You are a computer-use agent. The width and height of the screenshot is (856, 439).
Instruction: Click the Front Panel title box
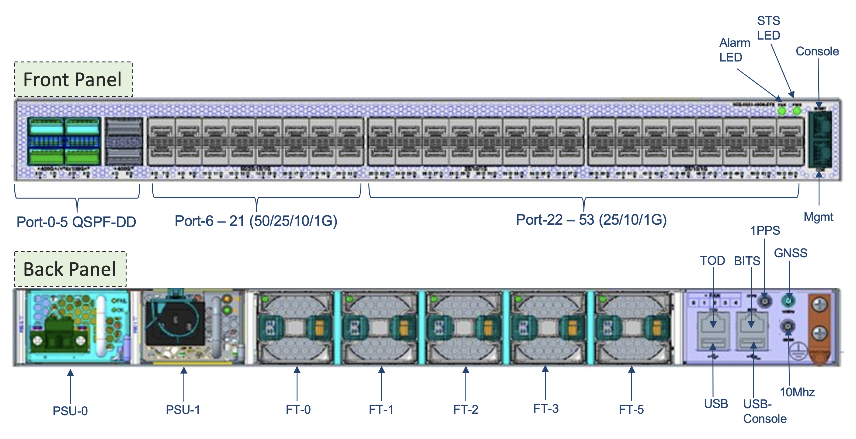pyautogui.click(x=73, y=80)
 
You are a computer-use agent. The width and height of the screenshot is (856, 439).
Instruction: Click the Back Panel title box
pyautogui.click(x=70, y=269)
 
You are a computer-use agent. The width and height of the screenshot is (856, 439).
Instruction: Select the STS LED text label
pyautogui.click(x=768, y=28)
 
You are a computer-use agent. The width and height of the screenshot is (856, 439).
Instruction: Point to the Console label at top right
pyautogui.click(x=817, y=51)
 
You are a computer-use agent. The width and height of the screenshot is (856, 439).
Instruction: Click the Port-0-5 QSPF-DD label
pyautogui.click(x=76, y=222)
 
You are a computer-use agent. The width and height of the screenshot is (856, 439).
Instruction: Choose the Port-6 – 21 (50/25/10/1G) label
pyautogui.click(x=256, y=221)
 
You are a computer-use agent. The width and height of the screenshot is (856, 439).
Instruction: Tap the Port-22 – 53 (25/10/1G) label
pyautogui.click(x=591, y=220)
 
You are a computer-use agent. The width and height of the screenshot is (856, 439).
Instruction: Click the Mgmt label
pyautogui.click(x=818, y=217)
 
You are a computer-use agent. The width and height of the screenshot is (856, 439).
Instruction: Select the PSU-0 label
pyautogui.click(x=70, y=411)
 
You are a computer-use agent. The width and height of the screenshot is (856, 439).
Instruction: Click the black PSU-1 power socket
pyautogui.click(x=175, y=323)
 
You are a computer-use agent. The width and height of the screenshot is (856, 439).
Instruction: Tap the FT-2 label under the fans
pyautogui.click(x=465, y=409)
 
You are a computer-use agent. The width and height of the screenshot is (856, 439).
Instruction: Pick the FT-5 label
pyautogui.click(x=631, y=409)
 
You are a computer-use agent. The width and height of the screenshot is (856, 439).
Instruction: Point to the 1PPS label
pyautogui.click(x=765, y=230)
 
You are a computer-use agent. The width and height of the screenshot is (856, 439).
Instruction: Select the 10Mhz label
pyautogui.click(x=797, y=392)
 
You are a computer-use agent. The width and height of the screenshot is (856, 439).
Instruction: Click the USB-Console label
pyautogui.click(x=764, y=411)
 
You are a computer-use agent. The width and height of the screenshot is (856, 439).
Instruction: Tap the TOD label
pyautogui.click(x=712, y=260)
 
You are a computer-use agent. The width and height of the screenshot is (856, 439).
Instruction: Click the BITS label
pyautogui.click(x=747, y=261)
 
